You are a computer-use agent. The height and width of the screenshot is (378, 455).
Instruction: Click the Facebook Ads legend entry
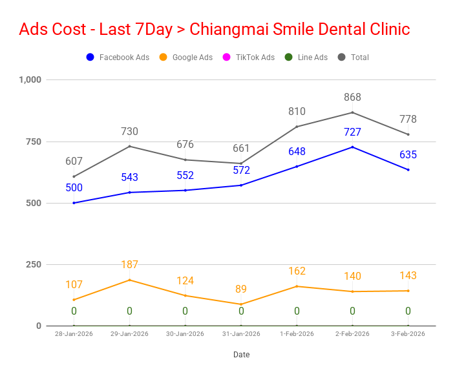pos(118,58)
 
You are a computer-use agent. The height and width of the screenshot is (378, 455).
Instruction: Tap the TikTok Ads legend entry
pos(248,58)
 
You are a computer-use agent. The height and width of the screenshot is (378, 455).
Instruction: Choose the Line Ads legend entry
pos(306,58)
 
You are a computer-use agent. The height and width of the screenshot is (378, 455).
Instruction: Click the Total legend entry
pos(354,58)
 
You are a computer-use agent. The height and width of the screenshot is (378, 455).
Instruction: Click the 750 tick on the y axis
pos(33,142)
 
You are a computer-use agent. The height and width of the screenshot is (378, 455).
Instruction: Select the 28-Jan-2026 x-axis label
pos(74,334)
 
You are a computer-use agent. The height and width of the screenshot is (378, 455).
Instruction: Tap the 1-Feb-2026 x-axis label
pos(297,334)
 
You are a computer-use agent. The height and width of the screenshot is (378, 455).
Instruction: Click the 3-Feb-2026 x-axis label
pos(408,334)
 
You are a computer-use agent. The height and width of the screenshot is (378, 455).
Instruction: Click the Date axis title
pos(241,355)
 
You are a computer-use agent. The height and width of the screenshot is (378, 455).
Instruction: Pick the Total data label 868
pos(352,98)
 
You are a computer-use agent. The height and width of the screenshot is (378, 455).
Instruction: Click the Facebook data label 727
pos(352,132)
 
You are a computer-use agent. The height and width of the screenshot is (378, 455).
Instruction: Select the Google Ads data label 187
pos(129,265)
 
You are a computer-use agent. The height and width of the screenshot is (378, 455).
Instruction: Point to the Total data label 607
pos(74,162)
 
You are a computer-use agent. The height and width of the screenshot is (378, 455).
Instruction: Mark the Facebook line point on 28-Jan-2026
pos(74,203)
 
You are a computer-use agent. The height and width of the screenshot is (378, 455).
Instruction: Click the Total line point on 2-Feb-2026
pos(352,112)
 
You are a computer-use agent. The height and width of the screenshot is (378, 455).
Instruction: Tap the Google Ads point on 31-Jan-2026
pos(241,304)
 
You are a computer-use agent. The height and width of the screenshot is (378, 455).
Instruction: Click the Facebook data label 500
pos(74,188)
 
